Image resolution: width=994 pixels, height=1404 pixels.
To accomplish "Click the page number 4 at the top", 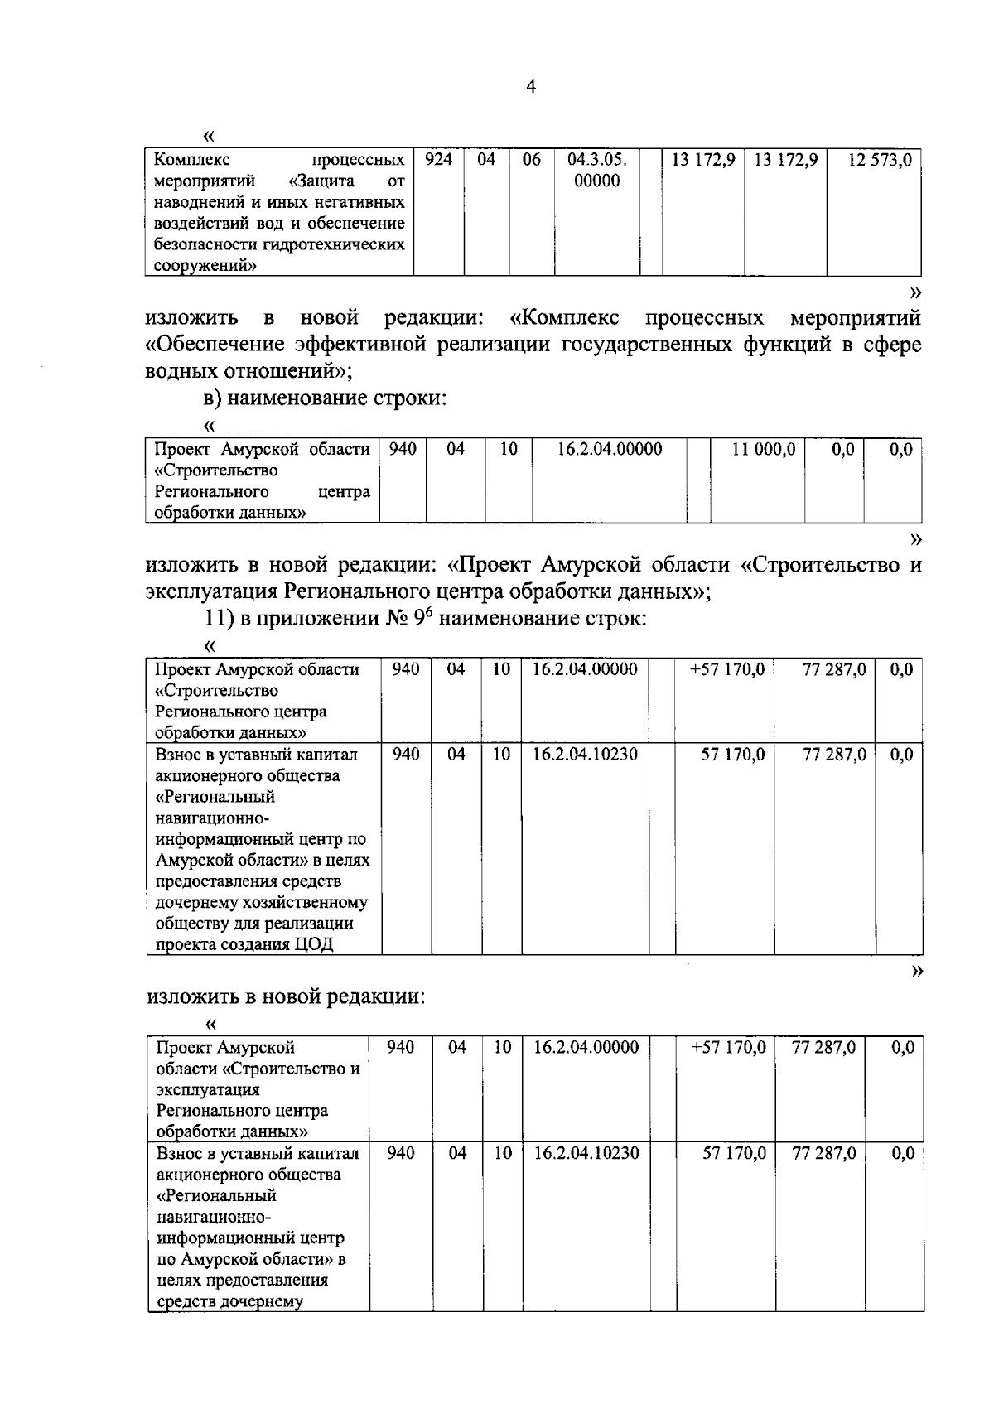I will pyautogui.click(x=531, y=86).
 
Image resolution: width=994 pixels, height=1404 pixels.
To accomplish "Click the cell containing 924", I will pyautogui.click(x=437, y=159).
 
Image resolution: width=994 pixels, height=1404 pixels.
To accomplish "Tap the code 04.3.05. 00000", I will pyautogui.click(x=596, y=170).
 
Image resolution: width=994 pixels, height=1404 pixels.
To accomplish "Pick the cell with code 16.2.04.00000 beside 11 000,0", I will pyautogui.click(x=609, y=449).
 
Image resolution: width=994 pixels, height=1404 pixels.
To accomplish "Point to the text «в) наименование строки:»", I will pyautogui.click(x=325, y=398).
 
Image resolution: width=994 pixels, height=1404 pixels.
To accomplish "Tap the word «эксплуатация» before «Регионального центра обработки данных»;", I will pyautogui.click(x=211, y=591).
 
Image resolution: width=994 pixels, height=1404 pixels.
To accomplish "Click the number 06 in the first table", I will pyautogui.click(x=531, y=159).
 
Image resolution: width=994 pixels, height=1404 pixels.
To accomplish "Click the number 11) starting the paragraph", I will pyautogui.click(x=220, y=619).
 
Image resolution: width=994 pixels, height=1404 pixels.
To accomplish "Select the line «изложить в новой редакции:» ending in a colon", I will pyautogui.click(x=285, y=996).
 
